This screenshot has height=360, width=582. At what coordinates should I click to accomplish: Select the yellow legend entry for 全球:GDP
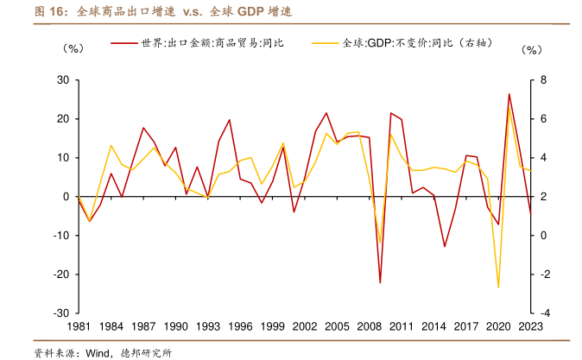coord(406,41)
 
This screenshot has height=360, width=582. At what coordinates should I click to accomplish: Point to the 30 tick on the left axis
coord(62,80)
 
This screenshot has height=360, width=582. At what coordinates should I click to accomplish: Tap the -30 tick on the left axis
coord(60,313)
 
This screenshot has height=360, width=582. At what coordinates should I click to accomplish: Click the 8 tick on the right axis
coord(544,80)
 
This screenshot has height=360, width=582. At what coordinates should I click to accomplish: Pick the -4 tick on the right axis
coord(544,313)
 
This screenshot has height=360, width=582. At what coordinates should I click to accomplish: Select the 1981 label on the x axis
coord(78,327)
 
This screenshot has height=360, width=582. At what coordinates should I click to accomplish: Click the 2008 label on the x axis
coord(370,327)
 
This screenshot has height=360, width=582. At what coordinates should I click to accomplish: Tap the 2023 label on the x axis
coord(529,327)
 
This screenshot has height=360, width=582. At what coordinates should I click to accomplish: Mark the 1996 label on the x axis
coord(240,327)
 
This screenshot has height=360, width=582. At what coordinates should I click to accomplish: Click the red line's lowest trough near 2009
coord(380,282)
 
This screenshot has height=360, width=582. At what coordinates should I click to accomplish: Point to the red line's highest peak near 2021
coord(509,93)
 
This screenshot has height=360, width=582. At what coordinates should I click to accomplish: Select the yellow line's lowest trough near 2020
coord(498,287)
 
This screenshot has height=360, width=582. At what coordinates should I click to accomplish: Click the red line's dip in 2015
coord(445,247)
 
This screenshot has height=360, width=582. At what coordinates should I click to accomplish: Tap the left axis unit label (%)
coord(74,49)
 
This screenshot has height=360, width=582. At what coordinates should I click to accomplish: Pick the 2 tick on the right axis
coord(544,197)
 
